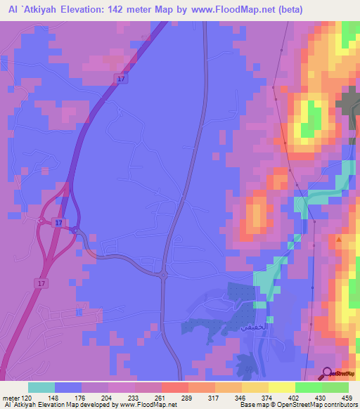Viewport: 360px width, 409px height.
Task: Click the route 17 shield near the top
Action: pyautogui.click(x=121, y=79)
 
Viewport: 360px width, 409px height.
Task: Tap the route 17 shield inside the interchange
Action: pyautogui.click(x=58, y=223)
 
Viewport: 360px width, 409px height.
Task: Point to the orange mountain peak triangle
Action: pyautogui.click(x=340, y=239)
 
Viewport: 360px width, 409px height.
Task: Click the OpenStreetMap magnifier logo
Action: pyautogui.click(x=328, y=373)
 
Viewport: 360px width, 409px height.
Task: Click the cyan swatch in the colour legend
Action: pyautogui.click(x=41, y=387)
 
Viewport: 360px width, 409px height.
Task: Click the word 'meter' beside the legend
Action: pyautogui.click(x=10, y=398)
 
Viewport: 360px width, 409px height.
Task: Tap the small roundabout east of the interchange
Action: pyautogui.click(x=77, y=231)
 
